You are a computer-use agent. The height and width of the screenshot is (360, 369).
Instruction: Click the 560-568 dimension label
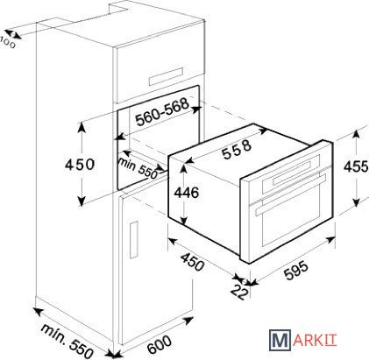point(162,112)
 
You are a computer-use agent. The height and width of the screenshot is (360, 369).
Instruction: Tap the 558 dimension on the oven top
point(237,149)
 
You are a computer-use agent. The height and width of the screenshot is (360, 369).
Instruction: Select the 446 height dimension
point(187,193)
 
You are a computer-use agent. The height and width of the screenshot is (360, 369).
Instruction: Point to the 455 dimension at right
point(356,166)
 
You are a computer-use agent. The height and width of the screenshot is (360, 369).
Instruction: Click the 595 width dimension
point(296,271)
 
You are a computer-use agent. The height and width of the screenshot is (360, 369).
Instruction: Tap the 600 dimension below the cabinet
point(160,344)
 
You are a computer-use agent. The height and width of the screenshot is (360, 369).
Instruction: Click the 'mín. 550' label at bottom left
point(67,342)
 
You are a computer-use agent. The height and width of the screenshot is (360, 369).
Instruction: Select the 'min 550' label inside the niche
point(138,168)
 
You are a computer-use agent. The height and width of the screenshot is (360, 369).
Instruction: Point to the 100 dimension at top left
point(8,43)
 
